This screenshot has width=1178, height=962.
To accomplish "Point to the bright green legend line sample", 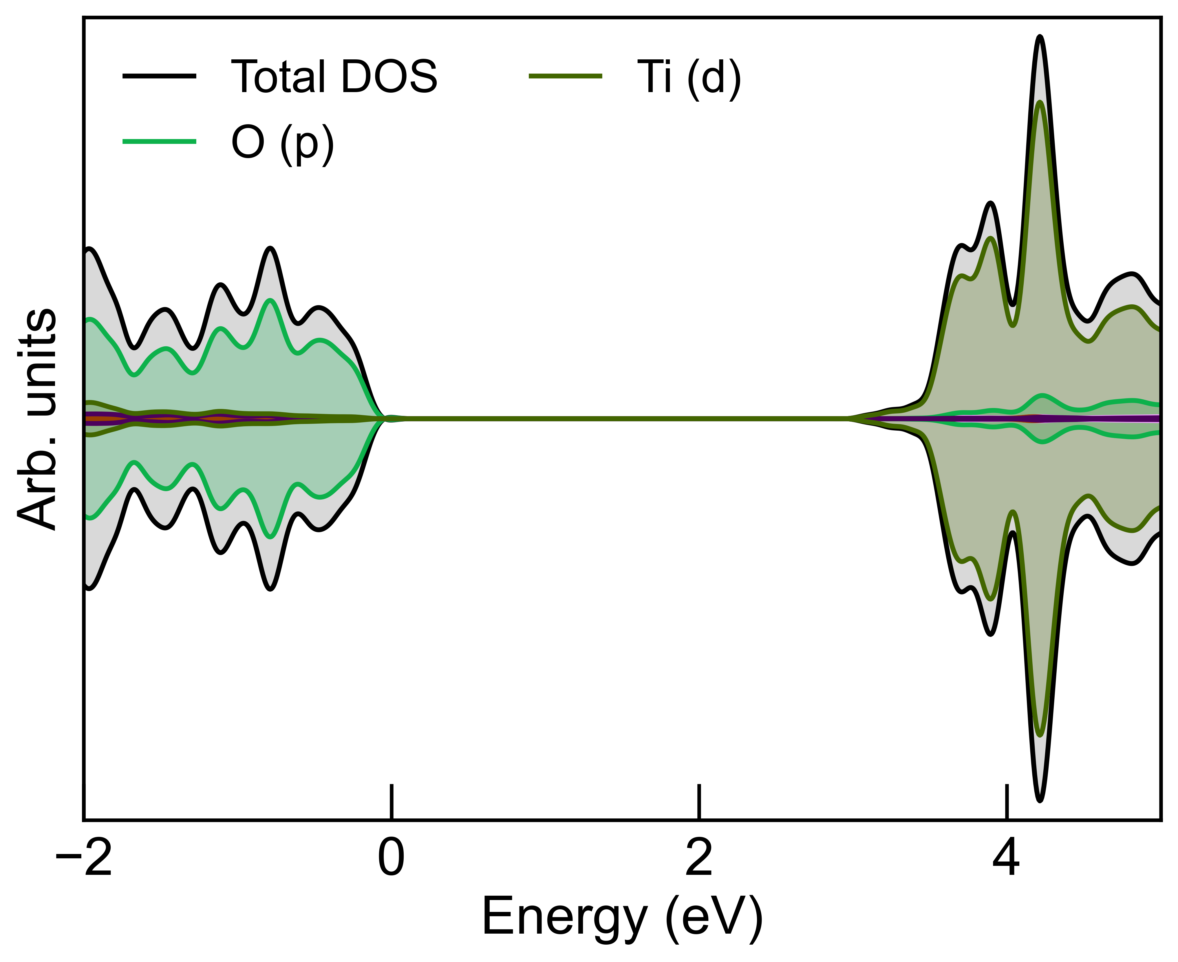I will tap(160, 142).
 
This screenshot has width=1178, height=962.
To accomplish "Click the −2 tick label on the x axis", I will tap(84, 860).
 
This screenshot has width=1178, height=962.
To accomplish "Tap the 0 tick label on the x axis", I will tap(391, 860).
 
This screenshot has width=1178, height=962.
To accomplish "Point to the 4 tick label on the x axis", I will tap(1006, 860).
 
